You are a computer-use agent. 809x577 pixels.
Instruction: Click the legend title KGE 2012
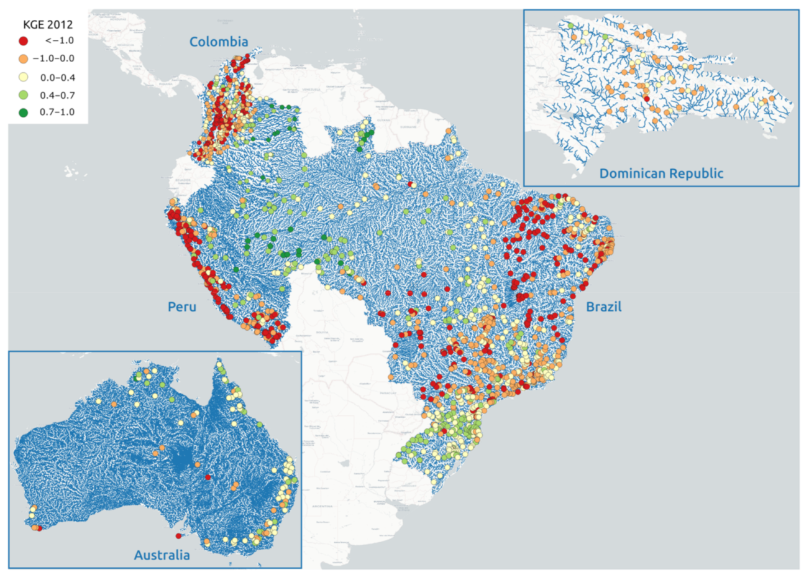tap(48, 25)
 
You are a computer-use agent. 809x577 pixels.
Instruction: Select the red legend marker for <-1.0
tap(24, 41)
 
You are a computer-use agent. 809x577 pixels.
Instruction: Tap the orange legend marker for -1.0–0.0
tap(24, 59)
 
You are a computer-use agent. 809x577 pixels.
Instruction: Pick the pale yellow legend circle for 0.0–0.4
tap(24, 77)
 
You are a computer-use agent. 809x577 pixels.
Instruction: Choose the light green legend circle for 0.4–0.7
tap(24, 95)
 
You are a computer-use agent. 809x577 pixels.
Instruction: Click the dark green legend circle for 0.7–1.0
tap(24, 113)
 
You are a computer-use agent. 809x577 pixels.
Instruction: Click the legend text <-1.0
tap(60, 41)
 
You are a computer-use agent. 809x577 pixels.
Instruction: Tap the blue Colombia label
tap(219, 42)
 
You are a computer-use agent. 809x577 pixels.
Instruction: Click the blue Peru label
tap(181, 307)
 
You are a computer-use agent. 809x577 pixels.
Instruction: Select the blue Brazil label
tap(603, 307)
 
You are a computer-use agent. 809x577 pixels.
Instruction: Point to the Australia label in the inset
tap(162, 555)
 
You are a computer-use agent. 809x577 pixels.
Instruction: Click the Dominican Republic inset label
tap(661, 173)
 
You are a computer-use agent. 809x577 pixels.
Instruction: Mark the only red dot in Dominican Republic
tap(647, 98)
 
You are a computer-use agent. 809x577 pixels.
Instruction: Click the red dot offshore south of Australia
tap(178, 536)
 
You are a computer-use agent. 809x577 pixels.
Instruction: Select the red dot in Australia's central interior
tap(208, 478)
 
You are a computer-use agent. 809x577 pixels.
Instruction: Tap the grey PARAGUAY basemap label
tap(372, 376)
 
